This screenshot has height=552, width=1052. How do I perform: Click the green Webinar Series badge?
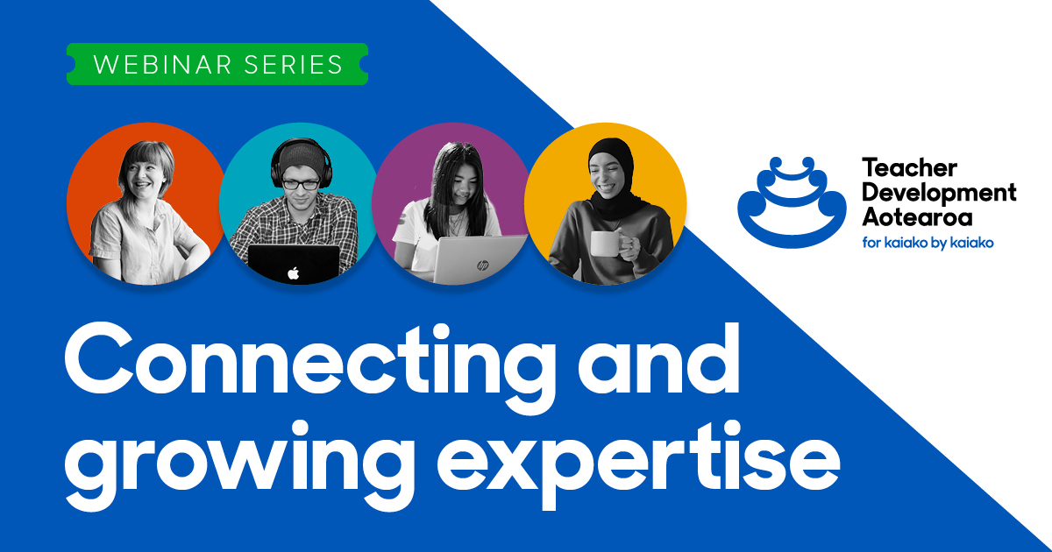[x=217, y=64]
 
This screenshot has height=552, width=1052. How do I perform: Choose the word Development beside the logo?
[x=938, y=192]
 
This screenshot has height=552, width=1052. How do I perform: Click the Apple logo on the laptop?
[x=293, y=272]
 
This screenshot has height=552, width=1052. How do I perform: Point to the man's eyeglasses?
[x=302, y=185]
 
